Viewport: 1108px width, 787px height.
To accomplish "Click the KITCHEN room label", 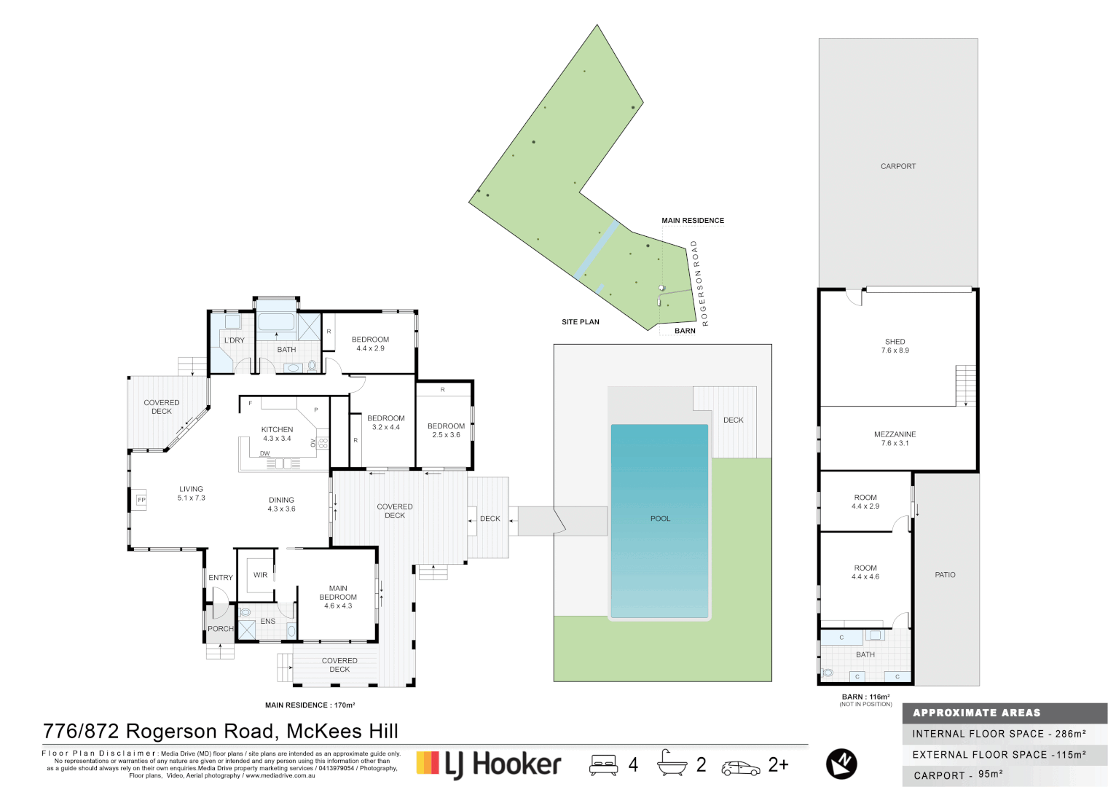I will pyautogui.click(x=277, y=430).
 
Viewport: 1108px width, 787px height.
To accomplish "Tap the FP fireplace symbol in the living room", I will pyautogui.click(x=141, y=500).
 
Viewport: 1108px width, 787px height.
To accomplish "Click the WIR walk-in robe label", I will pyautogui.click(x=260, y=575).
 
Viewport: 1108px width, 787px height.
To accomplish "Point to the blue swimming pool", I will pyautogui.click(x=659, y=519).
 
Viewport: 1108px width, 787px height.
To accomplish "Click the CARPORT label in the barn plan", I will pyautogui.click(x=897, y=166).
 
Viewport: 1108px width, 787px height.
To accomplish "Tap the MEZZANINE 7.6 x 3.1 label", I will pyautogui.click(x=895, y=438).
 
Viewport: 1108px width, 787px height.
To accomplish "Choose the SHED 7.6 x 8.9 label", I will pyautogui.click(x=895, y=345).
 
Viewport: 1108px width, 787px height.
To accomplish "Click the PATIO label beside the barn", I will pyautogui.click(x=945, y=575).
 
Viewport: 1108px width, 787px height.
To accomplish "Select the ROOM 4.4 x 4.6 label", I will pyautogui.click(x=865, y=572).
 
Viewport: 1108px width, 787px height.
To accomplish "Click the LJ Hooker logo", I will pyautogui.click(x=489, y=764).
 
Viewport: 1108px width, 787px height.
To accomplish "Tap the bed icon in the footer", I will pyautogui.click(x=603, y=764).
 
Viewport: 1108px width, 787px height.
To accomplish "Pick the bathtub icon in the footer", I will pyautogui.click(x=671, y=763).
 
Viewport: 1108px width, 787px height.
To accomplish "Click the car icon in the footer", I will pyautogui.click(x=740, y=768).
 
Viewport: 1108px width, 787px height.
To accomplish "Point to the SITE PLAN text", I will pyautogui.click(x=580, y=322).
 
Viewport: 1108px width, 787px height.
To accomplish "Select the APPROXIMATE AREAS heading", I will pyautogui.click(x=976, y=713).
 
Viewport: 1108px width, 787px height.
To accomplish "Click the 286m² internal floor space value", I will pyautogui.click(x=1070, y=734).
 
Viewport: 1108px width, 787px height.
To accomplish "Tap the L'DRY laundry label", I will pyautogui.click(x=235, y=340).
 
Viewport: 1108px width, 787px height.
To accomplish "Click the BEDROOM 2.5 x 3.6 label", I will pyautogui.click(x=446, y=430).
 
